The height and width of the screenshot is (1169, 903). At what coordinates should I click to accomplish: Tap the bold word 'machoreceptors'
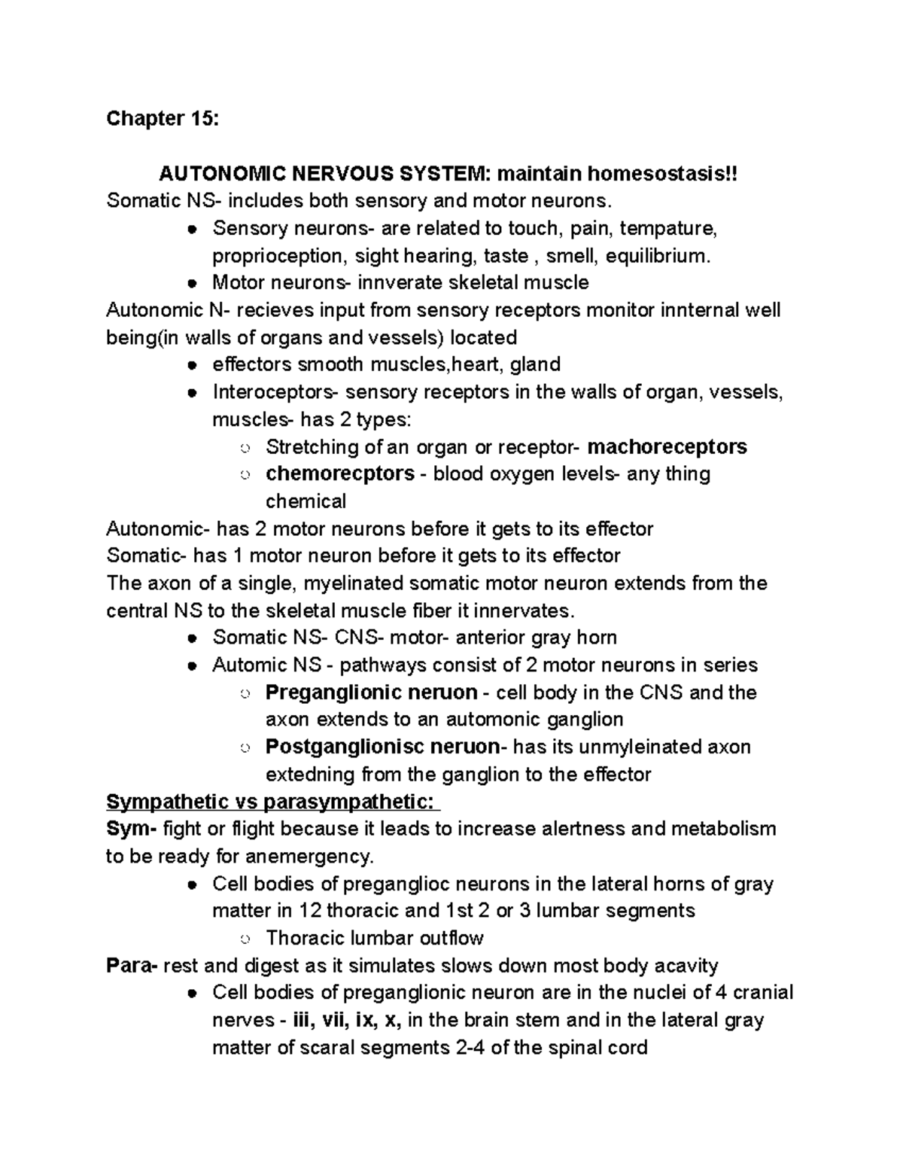click(x=667, y=447)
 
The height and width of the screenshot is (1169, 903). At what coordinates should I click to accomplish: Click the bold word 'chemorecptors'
click(x=340, y=474)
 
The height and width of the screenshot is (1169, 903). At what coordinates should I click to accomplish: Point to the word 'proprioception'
click(x=278, y=256)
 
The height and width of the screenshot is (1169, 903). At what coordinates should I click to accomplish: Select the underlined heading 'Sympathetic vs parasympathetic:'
click(x=272, y=802)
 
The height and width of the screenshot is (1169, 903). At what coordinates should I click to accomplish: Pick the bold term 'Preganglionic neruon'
click(x=371, y=693)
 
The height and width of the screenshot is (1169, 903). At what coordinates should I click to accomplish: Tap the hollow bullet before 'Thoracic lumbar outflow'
click(x=245, y=939)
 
